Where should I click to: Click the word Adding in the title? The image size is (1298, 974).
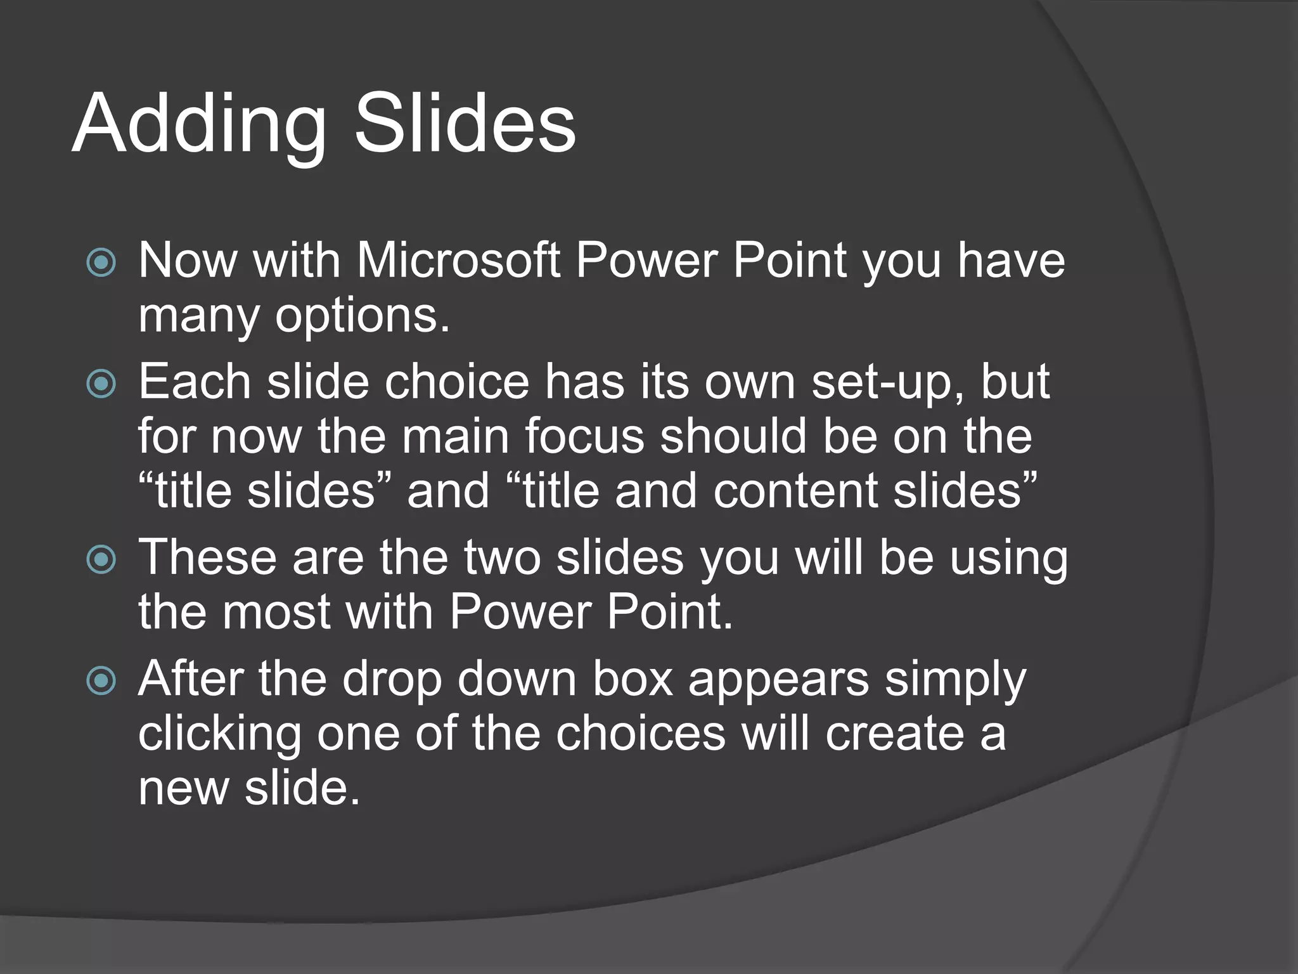199,125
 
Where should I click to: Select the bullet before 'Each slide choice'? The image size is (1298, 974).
101,383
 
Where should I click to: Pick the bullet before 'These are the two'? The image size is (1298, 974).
101,559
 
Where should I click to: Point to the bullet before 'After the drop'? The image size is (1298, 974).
101,680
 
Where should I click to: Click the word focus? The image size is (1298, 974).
584,436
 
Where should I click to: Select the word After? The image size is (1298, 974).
191,679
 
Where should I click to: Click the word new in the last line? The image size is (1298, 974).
183,789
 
